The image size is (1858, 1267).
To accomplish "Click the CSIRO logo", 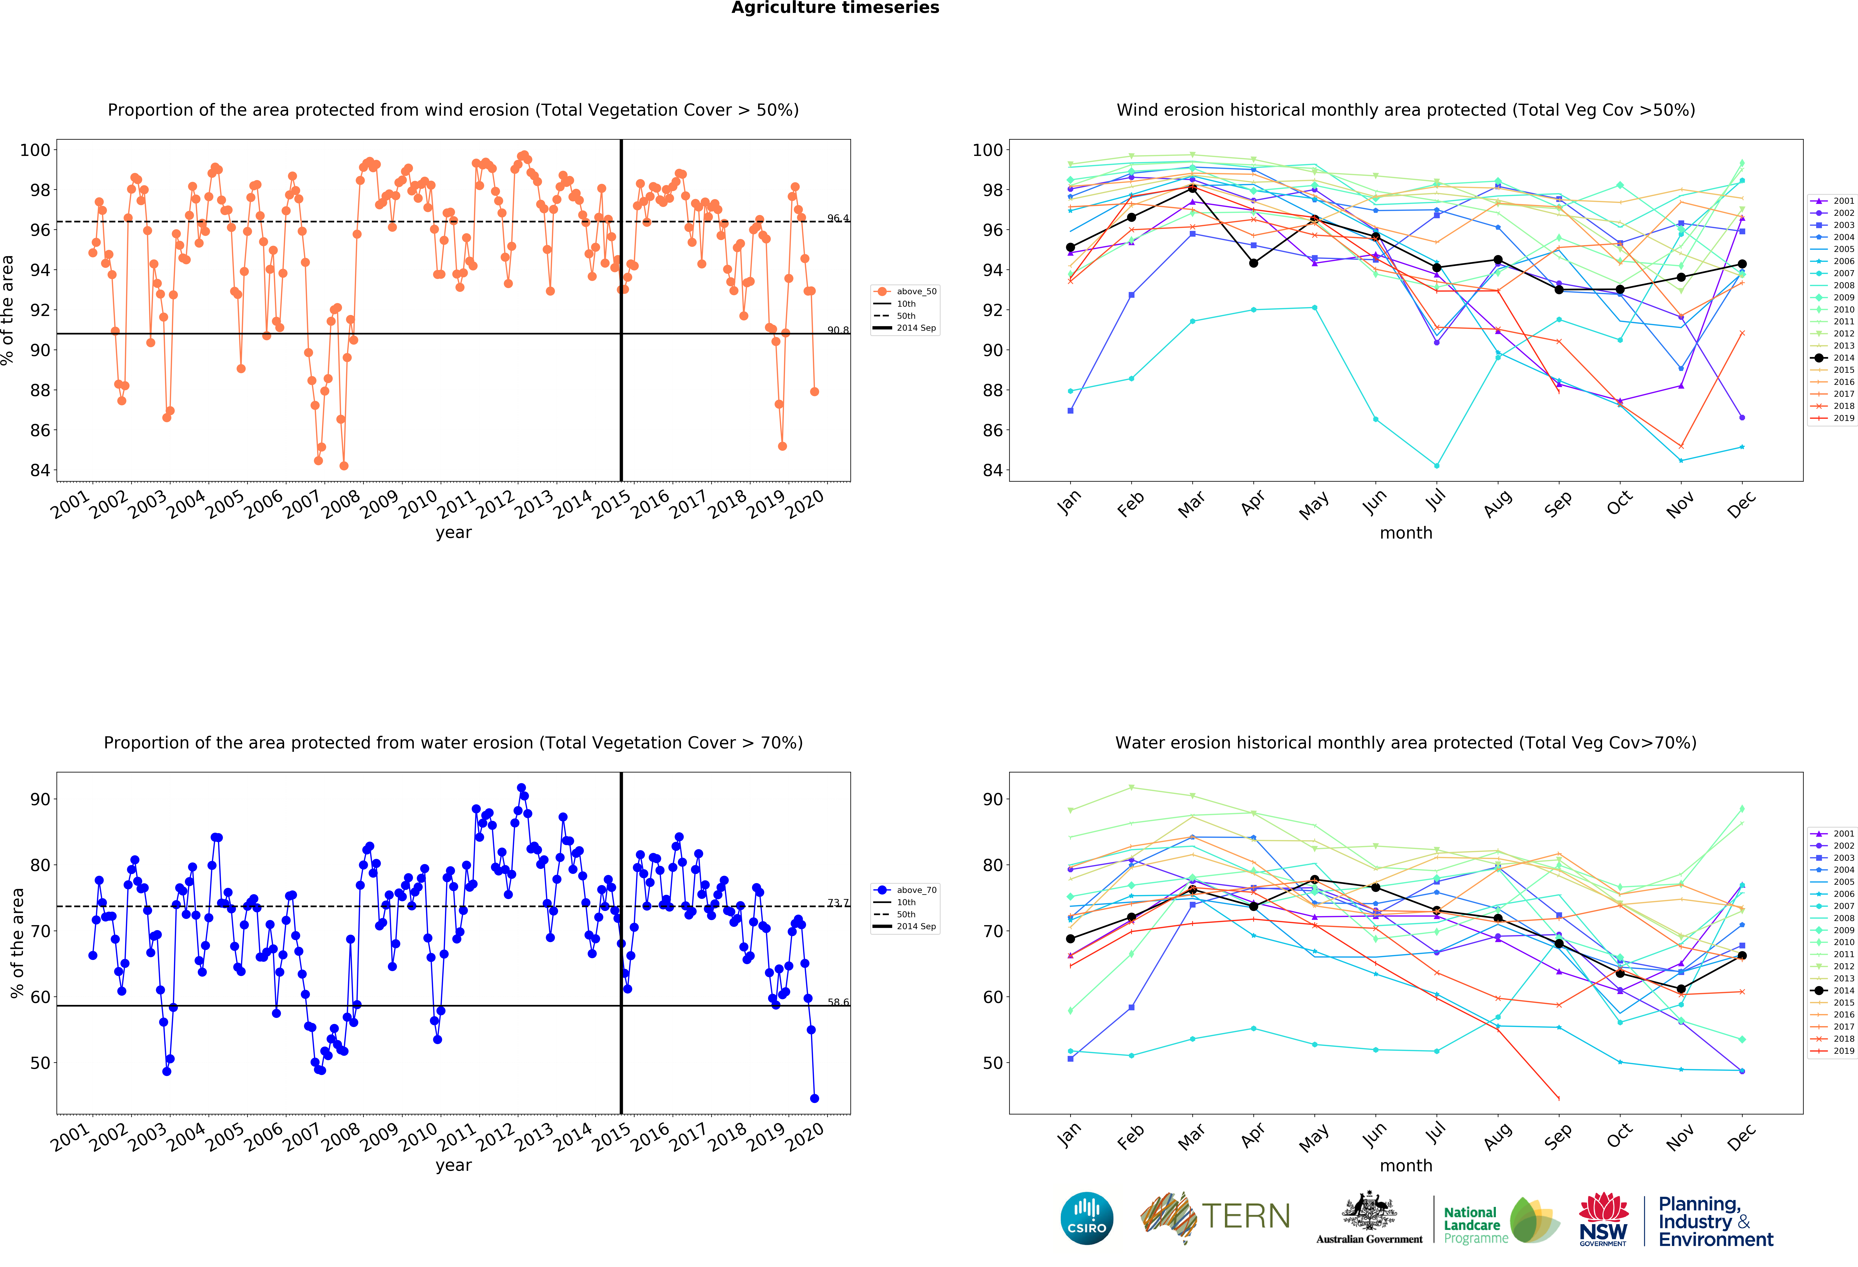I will tap(1086, 1218).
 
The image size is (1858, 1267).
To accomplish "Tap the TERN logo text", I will tap(1246, 1217).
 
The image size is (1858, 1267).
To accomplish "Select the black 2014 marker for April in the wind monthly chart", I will tap(1254, 263).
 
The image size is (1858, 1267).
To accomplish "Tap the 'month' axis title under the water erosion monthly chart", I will tap(1405, 1165).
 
